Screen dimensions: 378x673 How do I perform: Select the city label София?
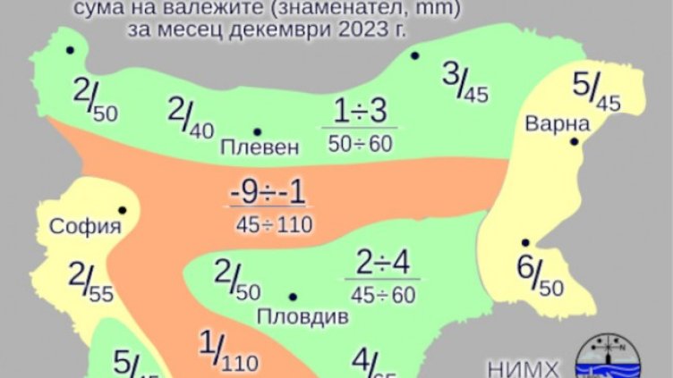click(85, 226)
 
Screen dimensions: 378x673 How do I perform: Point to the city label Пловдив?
click(294, 315)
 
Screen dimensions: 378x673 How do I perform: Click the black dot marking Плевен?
click(257, 131)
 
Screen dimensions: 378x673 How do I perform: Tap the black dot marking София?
click(122, 211)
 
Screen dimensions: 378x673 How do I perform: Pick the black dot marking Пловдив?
click(293, 296)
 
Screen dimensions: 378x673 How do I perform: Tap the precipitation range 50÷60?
click(359, 142)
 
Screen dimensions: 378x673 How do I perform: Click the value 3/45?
click(464, 82)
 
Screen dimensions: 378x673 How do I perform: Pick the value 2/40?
click(191, 118)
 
